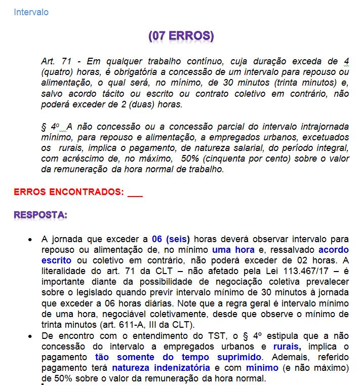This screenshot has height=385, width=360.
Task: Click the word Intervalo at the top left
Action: click(31, 12)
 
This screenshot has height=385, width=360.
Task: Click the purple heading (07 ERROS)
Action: click(181, 36)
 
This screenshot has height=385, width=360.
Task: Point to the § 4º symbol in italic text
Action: click(51, 126)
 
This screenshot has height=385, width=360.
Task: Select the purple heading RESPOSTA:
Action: click(41, 215)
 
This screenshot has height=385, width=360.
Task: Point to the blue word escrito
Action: click(57, 260)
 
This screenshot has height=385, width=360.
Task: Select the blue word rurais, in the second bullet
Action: click(287, 346)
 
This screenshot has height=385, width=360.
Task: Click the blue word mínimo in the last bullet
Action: click(263, 368)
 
